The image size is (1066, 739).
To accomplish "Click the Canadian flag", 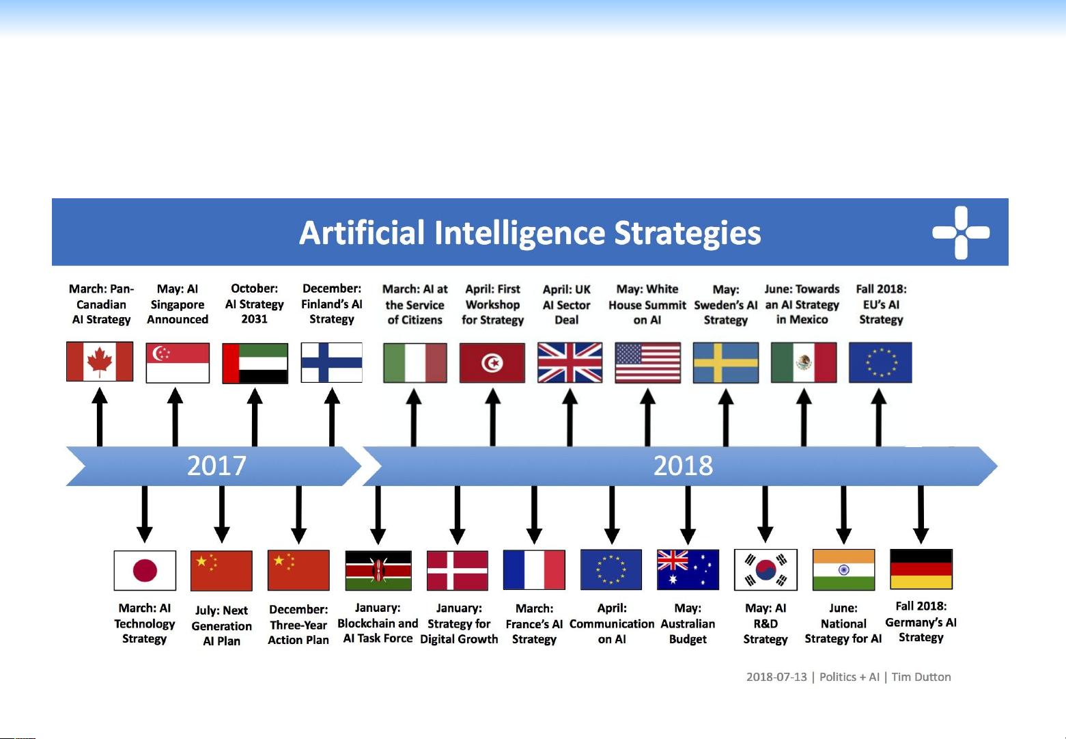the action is click(x=100, y=362).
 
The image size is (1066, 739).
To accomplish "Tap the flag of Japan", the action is click(x=145, y=570).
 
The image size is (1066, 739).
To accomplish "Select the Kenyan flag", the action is click(x=378, y=570).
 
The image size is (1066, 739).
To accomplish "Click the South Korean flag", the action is click(x=766, y=570).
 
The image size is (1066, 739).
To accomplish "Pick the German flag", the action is click(x=921, y=569).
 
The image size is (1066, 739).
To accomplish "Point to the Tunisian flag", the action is click(x=492, y=362).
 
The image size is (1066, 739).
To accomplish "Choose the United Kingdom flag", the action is click(x=570, y=362).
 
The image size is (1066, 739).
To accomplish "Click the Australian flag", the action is click(x=688, y=570).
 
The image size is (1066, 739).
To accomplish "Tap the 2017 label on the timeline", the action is click(x=216, y=466).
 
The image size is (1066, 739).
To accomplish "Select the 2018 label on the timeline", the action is click(x=683, y=466).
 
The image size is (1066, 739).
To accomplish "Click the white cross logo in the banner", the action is click(x=961, y=232).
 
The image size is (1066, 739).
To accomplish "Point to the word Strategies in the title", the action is click(x=687, y=233).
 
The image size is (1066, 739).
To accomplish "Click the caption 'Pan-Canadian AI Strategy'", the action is click(x=101, y=304).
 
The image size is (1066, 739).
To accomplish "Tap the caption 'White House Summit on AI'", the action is click(x=647, y=304).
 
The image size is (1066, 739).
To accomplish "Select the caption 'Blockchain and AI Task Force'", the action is click(x=378, y=623).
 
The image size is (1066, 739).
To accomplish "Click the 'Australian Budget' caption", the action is click(x=688, y=623).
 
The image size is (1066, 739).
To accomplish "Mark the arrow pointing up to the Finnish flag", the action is click(x=332, y=417).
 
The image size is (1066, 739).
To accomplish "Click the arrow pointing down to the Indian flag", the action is click(x=844, y=515).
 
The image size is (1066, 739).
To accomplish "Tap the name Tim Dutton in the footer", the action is click(x=921, y=677).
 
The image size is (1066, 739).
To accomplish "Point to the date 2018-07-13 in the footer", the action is click(x=776, y=677).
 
